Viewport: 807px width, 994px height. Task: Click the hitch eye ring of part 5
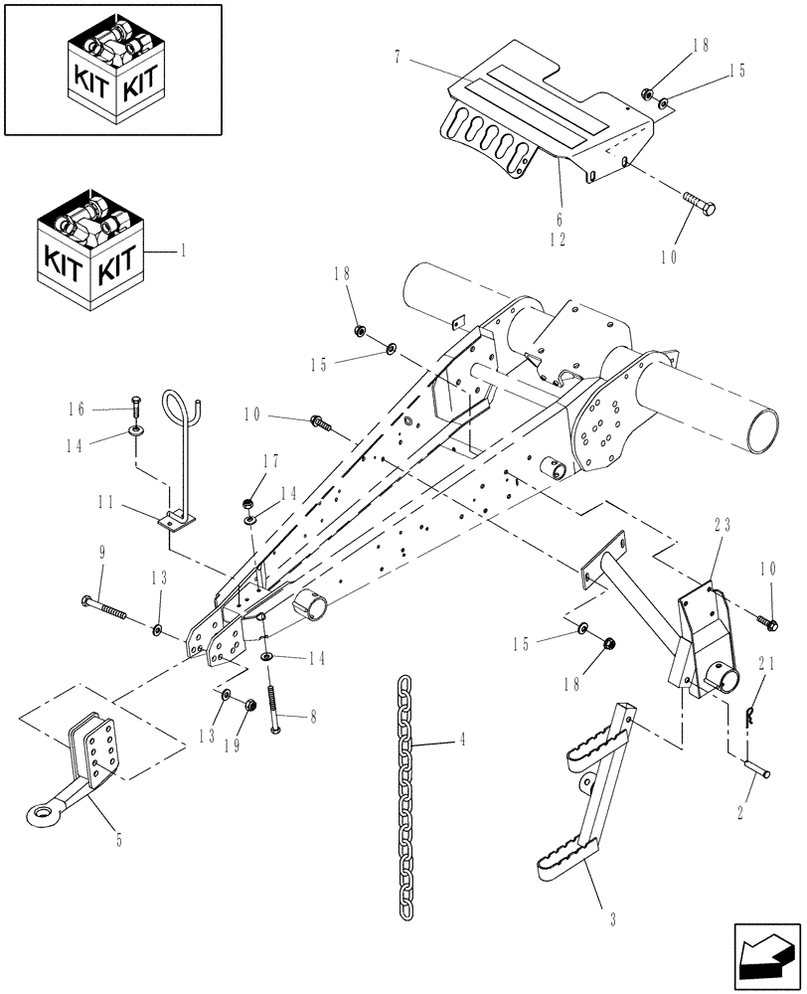coord(41,816)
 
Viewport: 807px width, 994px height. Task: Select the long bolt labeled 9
coord(105,605)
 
